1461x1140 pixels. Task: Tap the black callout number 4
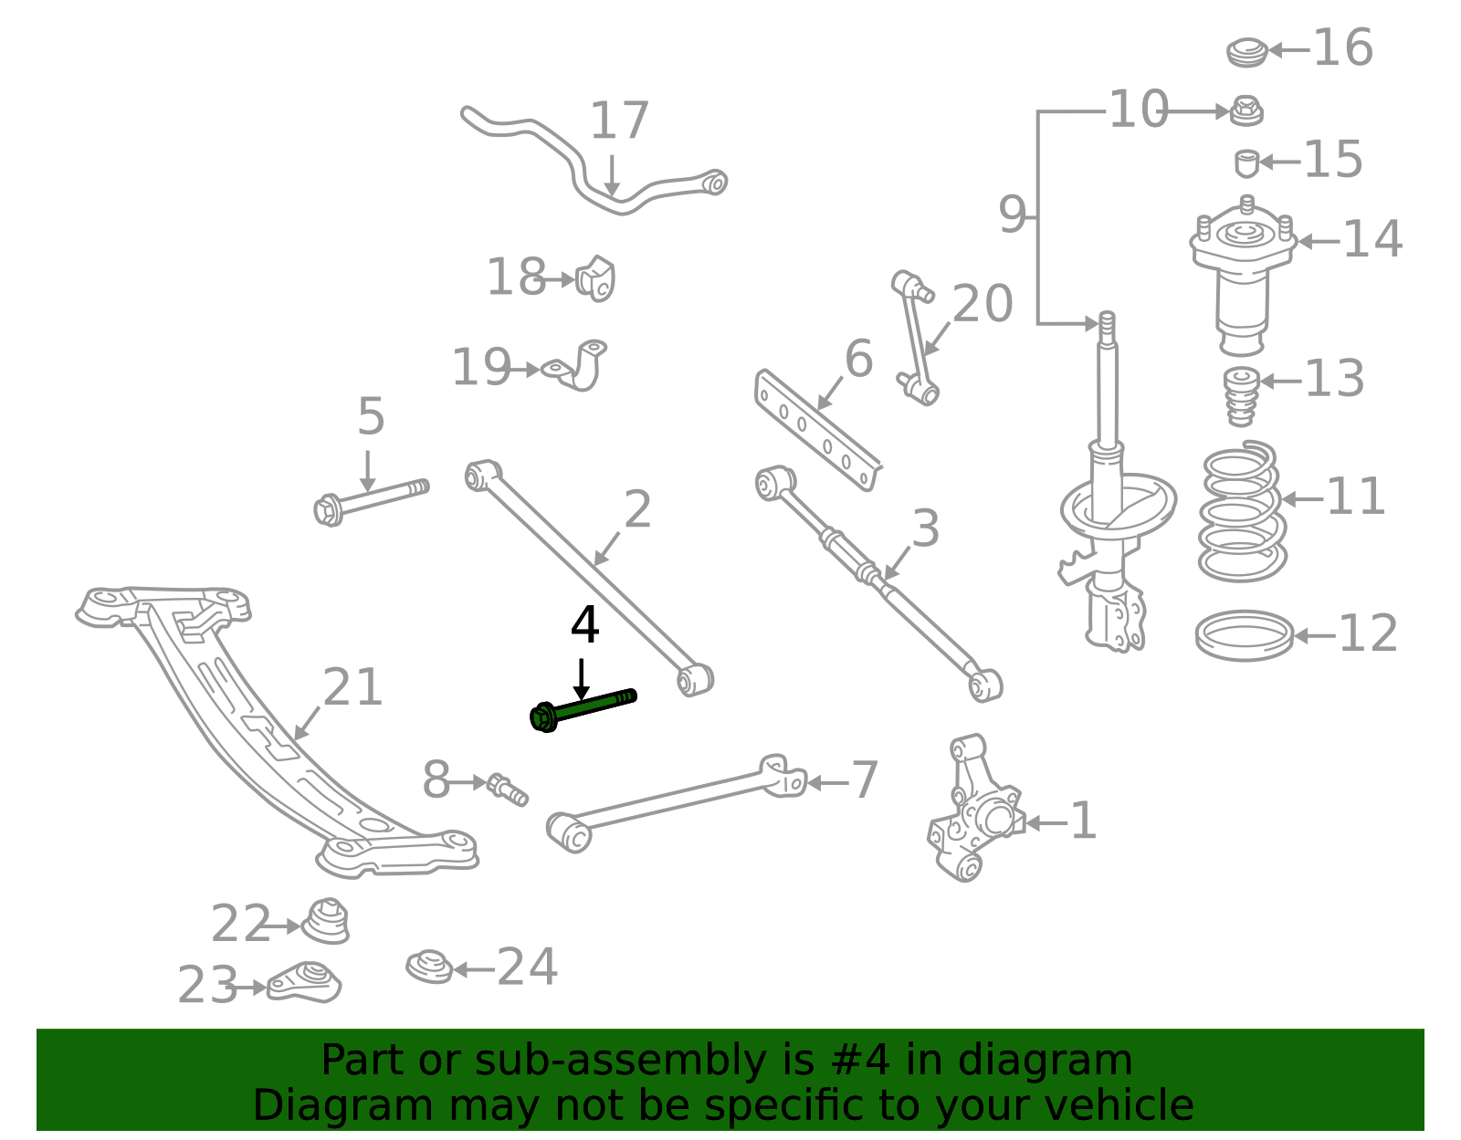584,626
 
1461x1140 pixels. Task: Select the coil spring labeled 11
1242,513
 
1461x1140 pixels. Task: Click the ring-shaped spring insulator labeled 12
1245,635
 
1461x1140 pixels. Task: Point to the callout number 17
619,121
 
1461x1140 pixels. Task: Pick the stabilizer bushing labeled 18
596,278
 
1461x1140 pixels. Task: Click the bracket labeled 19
579,367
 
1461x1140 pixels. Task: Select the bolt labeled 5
370,499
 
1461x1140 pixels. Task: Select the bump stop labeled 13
1240,396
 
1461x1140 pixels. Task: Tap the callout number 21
352,688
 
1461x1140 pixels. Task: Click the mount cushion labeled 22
326,921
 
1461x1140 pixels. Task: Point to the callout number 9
1012,216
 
